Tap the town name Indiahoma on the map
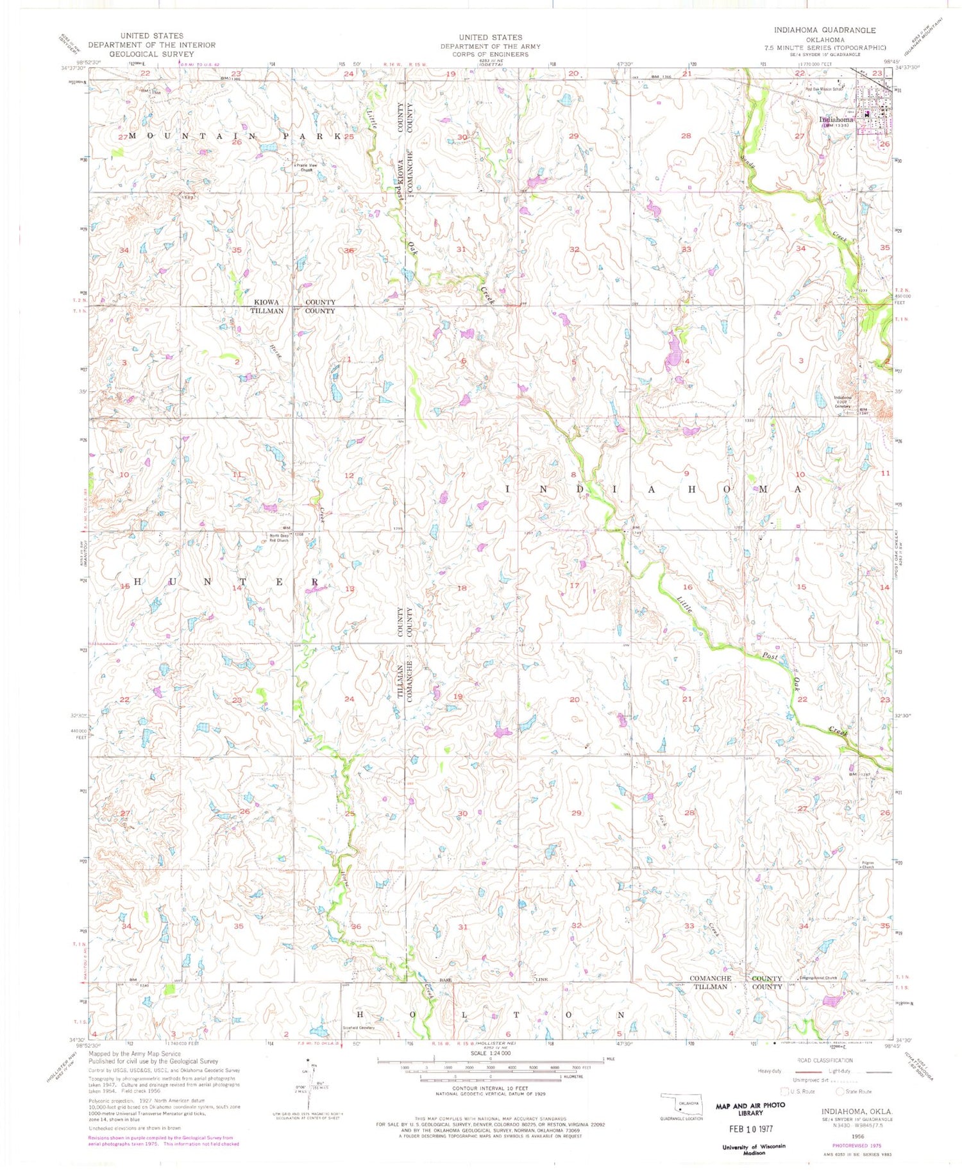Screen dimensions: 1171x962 836,120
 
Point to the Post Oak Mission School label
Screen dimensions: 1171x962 824,89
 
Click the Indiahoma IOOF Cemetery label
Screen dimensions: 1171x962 841,401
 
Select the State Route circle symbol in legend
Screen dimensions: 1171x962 840,1091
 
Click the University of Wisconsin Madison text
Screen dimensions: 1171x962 754,1149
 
